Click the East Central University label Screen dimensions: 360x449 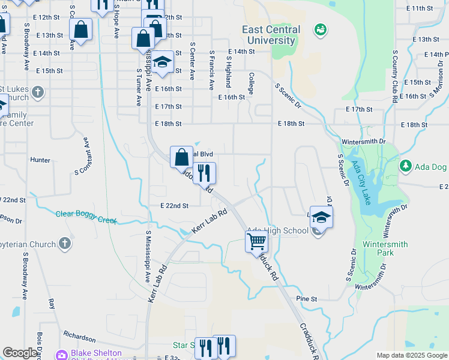pyautogui.click(x=270, y=35)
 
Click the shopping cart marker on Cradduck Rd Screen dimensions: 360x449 pyautogui.click(x=256, y=241)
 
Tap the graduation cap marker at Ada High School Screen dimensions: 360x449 pyautogui.click(x=321, y=217)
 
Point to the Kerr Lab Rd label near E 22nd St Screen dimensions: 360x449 pyautogui.click(x=210, y=221)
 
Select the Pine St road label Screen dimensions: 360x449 pyautogui.click(x=306, y=298)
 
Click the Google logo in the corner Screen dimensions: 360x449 pyautogui.click(x=20, y=353)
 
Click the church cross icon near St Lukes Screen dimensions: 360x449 pyautogui.click(x=38, y=92)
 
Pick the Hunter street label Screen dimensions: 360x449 pyautogui.click(x=40, y=160)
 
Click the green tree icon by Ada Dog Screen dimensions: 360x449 pyautogui.click(x=406, y=165)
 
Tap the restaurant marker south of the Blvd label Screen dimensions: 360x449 pyautogui.click(x=205, y=173)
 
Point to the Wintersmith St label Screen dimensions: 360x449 pyautogui.click(x=362, y=142)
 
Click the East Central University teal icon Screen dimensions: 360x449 pyautogui.click(x=321, y=29)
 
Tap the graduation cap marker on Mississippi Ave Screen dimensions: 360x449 pyautogui.click(x=161, y=62)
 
